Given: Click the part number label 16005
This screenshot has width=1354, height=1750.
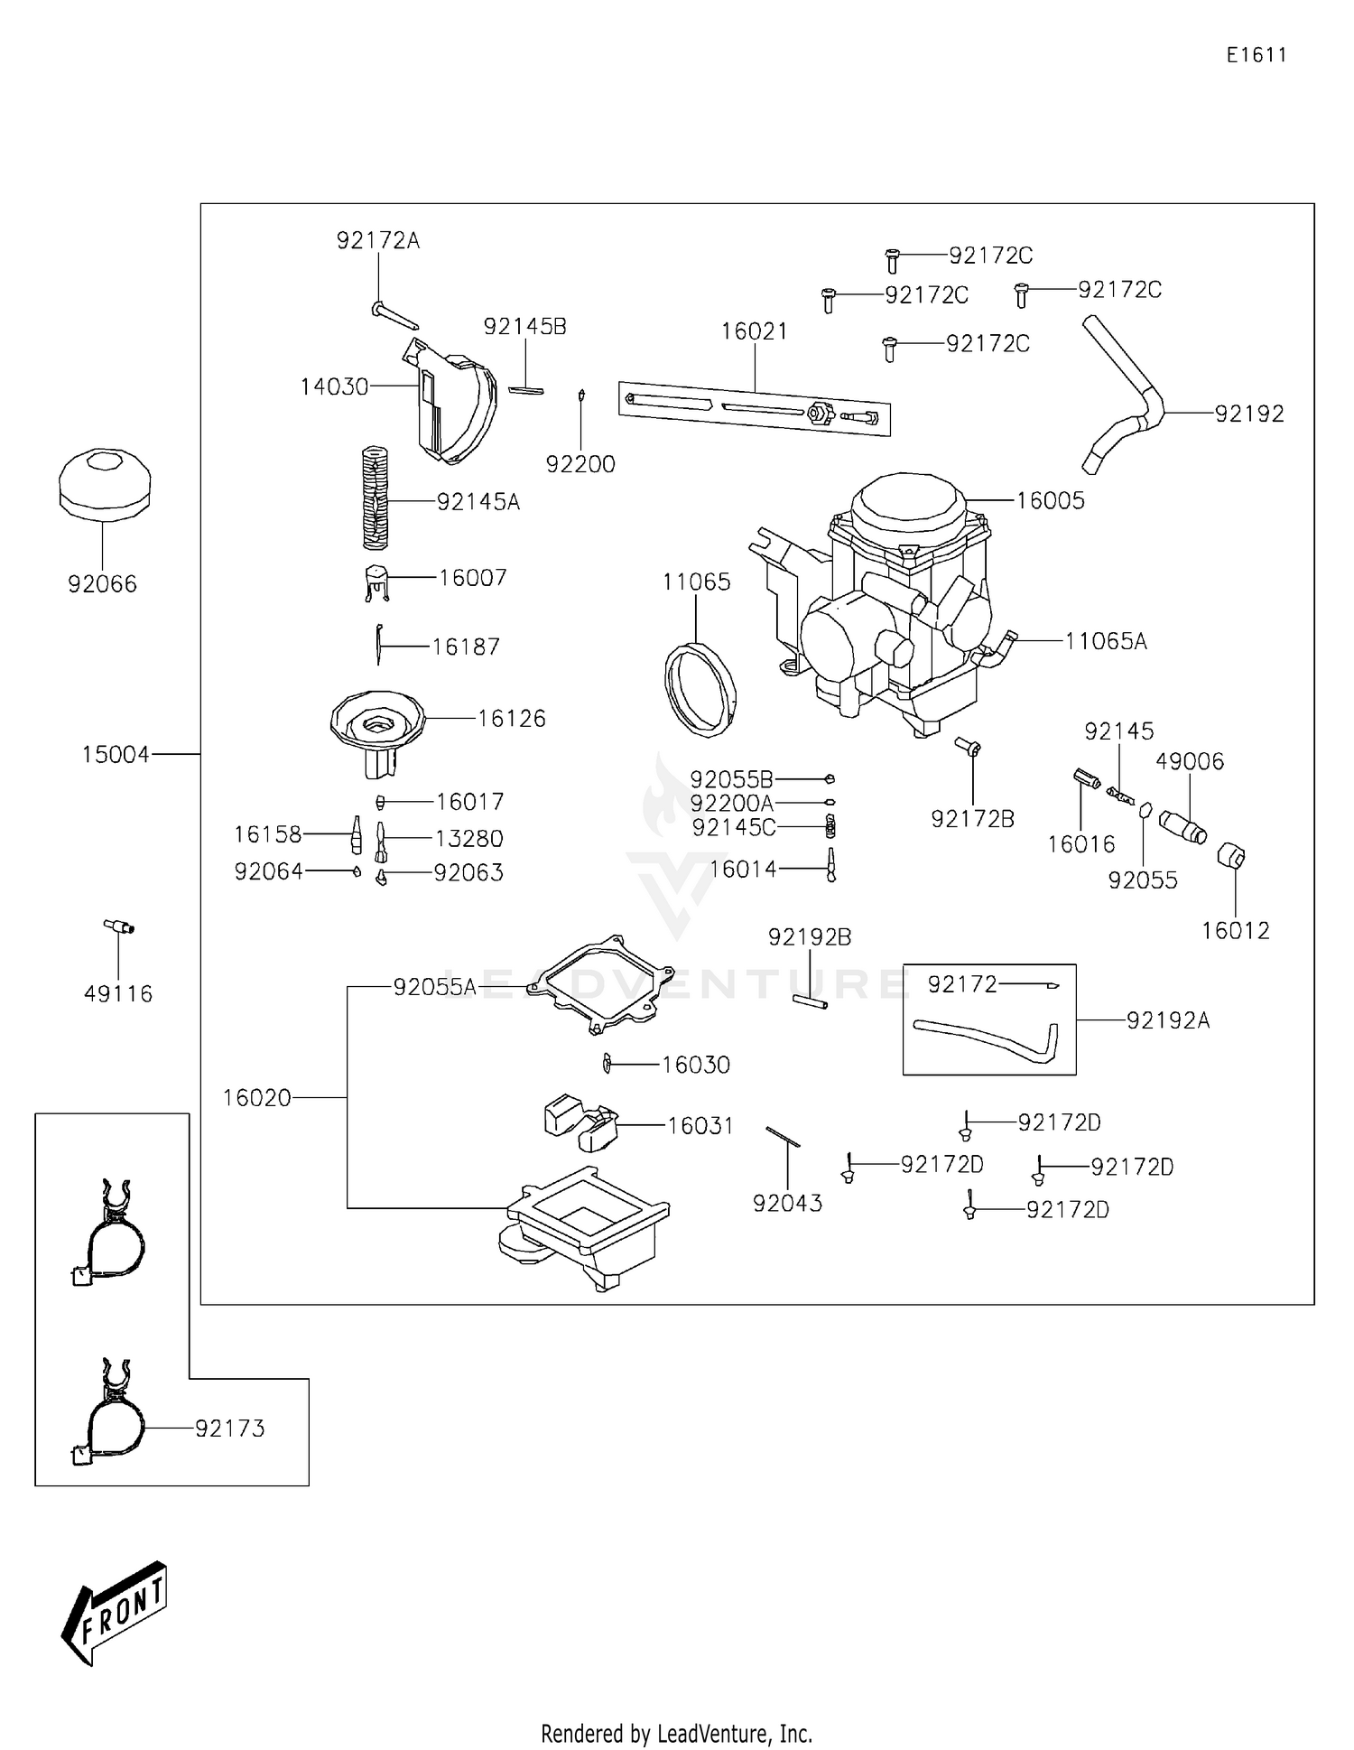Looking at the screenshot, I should click(x=1050, y=501).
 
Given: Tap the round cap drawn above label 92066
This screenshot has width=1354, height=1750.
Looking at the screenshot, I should click(x=105, y=483).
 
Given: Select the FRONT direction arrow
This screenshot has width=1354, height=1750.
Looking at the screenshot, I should click(x=115, y=1612).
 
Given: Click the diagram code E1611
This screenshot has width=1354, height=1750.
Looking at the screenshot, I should click(x=1256, y=55).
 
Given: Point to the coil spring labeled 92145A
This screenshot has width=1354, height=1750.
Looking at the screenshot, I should click(x=375, y=498).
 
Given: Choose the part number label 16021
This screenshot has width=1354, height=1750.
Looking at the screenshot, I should click(x=754, y=331).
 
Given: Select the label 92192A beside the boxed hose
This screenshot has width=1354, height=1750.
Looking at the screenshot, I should click(x=1167, y=1020).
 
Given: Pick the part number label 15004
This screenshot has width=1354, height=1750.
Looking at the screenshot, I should click(x=116, y=754).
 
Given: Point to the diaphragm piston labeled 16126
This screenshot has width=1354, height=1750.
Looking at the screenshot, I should click(x=376, y=727).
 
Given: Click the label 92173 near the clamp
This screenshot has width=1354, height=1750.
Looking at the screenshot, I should click(x=230, y=1429).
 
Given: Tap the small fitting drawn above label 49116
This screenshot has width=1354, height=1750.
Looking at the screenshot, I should click(x=118, y=926).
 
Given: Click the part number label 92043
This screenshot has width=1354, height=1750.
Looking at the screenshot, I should click(x=787, y=1203).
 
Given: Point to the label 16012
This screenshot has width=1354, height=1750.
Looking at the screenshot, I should click(x=1235, y=930).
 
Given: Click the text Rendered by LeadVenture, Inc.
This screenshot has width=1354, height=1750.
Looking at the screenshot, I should click(x=676, y=1733).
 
